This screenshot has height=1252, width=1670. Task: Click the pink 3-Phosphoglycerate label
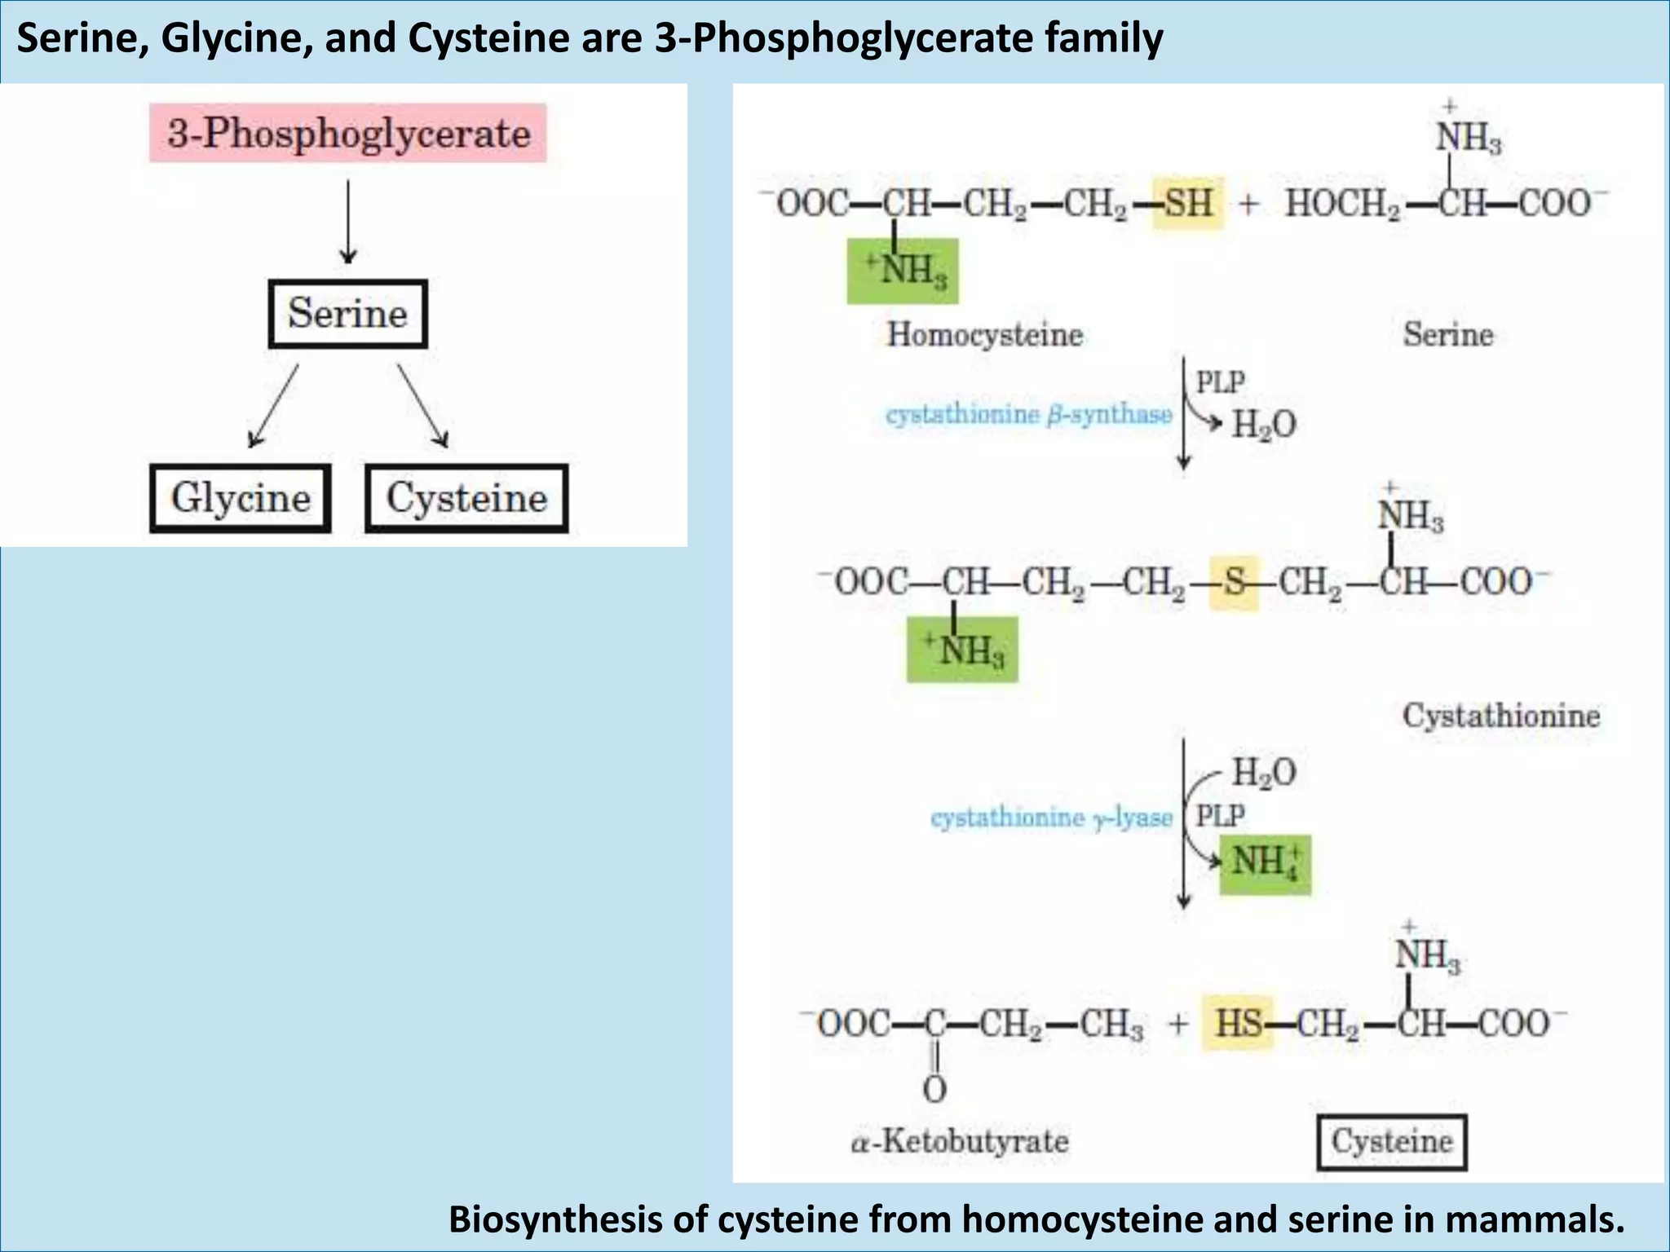point(348,133)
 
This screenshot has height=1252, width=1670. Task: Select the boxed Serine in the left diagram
point(347,314)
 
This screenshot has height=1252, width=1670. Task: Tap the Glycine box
point(241,498)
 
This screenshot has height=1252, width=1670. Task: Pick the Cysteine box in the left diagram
point(466,498)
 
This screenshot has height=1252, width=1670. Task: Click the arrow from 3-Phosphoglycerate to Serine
point(348,222)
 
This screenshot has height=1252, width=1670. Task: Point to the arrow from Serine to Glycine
point(274,406)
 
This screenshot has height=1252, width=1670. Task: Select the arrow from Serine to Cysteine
point(422,406)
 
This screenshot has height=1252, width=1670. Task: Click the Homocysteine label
point(984,334)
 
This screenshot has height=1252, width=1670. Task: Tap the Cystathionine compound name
point(1500,716)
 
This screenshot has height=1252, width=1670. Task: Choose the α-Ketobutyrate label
point(959,1141)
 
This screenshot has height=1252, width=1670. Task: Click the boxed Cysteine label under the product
point(1392,1142)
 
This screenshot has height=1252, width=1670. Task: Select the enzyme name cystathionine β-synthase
point(1029,415)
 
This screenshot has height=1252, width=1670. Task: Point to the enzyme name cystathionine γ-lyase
point(1051,818)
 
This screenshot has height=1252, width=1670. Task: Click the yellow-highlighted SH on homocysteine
point(1188,202)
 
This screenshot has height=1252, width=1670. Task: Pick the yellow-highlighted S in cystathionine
point(1234,583)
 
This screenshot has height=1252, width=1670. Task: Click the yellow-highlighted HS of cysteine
point(1238,1023)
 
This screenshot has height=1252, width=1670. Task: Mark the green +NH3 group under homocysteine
point(903,271)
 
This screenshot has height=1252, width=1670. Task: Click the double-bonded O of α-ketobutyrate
point(934,1089)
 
